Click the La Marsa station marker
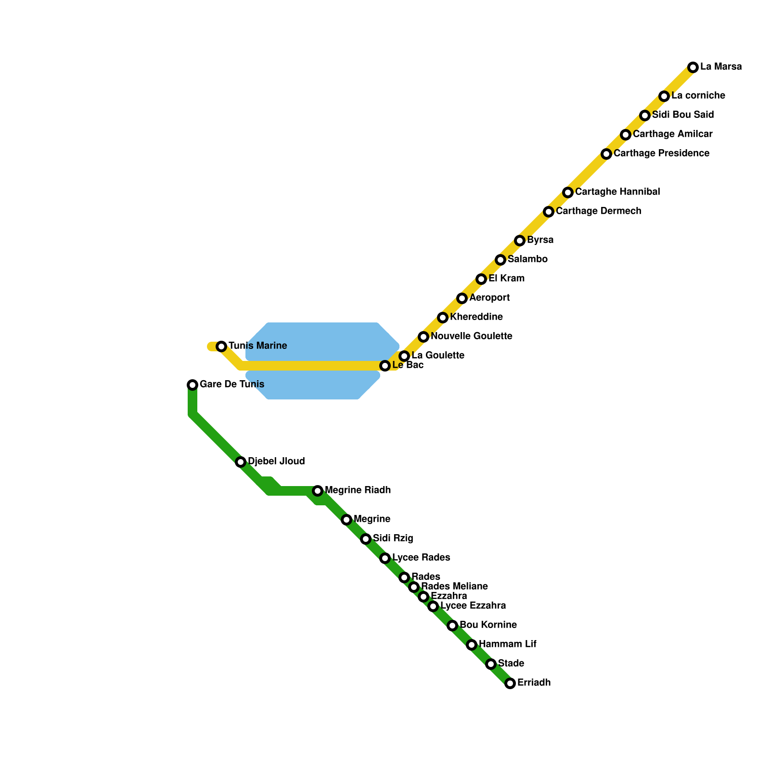(x=693, y=67)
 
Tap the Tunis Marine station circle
(x=221, y=346)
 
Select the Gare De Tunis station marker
(x=192, y=385)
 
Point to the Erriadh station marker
(x=510, y=683)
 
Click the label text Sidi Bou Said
(x=683, y=115)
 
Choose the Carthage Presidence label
(x=661, y=154)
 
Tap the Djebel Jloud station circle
(x=241, y=462)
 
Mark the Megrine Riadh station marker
(x=318, y=491)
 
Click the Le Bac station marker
(x=385, y=366)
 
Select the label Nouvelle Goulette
(x=471, y=336)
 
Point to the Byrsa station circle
(x=520, y=241)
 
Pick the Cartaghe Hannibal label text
(x=617, y=192)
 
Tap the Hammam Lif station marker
(x=472, y=645)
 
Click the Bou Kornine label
(x=488, y=625)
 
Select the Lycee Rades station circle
(x=385, y=558)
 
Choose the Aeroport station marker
(x=462, y=298)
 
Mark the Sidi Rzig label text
(x=393, y=539)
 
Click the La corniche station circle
(x=664, y=96)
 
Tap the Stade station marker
(x=491, y=664)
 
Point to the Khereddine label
(x=476, y=317)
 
